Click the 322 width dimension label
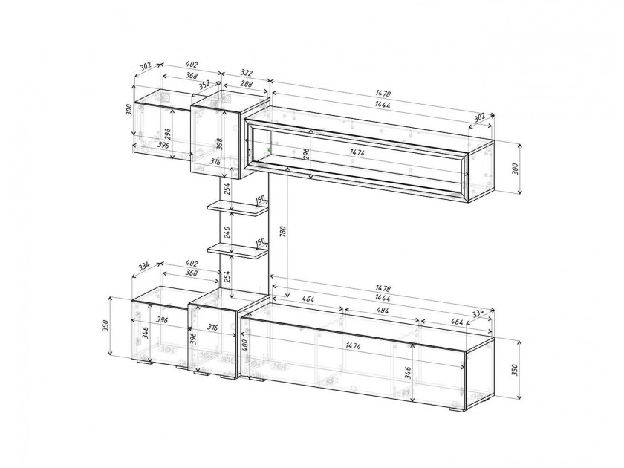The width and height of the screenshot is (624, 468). pyautogui.click(x=247, y=73)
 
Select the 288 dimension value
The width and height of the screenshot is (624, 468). pyautogui.click(x=247, y=84)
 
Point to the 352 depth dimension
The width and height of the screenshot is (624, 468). pyautogui.click(x=204, y=85)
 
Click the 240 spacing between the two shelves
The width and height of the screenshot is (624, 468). pyautogui.click(x=227, y=233)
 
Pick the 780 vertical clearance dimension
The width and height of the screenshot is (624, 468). pyautogui.click(x=283, y=233)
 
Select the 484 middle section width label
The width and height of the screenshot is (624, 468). pyautogui.click(x=382, y=311)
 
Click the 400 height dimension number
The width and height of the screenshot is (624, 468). pyautogui.click(x=245, y=345)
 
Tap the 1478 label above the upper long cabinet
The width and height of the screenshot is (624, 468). pyautogui.click(x=383, y=94)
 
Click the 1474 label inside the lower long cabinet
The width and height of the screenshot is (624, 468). pyautogui.click(x=353, y=346)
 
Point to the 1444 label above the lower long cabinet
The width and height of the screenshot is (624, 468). pyautogui.click(x=382, y=298)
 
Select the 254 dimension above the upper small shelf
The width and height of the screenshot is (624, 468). pyautogui.click(x=227, y=188)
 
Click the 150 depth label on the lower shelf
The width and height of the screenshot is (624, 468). pyautogui.click(x=260, y=241)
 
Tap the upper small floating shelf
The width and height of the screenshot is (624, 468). pyautogui.click(x=237, y=208)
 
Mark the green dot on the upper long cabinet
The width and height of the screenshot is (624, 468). pyautogui.click(x=270, y=150)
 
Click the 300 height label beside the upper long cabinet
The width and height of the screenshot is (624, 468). pyautogui.click(x=516, y=169)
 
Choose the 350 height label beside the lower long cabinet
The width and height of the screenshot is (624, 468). pyautogui.click(x=516, y=370)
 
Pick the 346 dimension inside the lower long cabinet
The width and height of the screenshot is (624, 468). pyautogui.click(x=408, y=372)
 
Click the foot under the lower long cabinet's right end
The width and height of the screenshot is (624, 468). pyautogui.click(x=457, y=409)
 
